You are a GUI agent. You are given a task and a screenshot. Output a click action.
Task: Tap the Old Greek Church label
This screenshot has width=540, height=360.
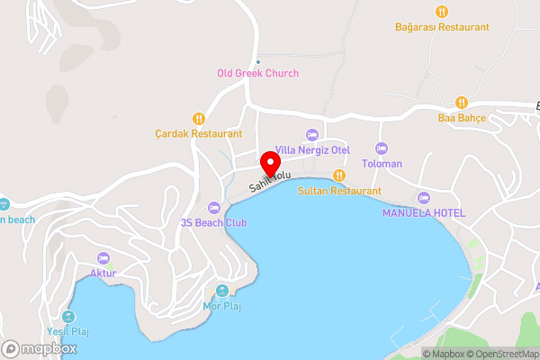[257, 74]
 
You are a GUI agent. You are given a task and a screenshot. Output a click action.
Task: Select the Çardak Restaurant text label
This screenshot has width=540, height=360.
[198, 133]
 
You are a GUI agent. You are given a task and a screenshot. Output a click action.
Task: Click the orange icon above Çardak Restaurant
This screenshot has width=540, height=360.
[198, 118]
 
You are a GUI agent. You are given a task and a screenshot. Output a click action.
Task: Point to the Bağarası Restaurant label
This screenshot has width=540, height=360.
[441, 27]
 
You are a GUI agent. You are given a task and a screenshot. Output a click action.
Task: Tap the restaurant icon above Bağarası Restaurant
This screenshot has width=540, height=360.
[441, 12]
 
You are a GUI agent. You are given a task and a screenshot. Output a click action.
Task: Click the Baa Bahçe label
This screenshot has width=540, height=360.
[462, 118]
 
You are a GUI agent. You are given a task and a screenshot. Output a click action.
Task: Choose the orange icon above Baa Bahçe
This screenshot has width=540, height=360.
[462, 103]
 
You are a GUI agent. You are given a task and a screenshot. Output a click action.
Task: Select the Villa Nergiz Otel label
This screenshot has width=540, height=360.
[312, 149]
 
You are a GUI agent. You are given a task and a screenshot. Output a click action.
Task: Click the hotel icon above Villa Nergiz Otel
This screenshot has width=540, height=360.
[312, 134]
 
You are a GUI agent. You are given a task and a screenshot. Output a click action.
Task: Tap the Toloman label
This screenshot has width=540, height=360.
[382, 164]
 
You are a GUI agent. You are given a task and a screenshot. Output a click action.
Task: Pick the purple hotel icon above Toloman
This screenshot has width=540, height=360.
[382, 148]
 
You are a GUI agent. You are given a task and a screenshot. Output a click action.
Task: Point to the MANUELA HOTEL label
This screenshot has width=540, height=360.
[424, 212]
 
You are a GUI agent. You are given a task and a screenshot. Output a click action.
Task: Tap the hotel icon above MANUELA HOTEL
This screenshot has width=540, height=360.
[424, 197]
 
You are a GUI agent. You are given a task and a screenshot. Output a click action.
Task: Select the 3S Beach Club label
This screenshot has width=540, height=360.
[213, 222]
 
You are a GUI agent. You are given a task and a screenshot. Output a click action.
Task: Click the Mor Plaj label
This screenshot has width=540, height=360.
[222, 306]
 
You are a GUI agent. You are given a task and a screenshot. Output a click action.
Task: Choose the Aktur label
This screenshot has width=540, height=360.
[103, 273]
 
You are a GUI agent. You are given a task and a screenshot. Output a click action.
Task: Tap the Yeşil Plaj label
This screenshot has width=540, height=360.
[69, 331]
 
